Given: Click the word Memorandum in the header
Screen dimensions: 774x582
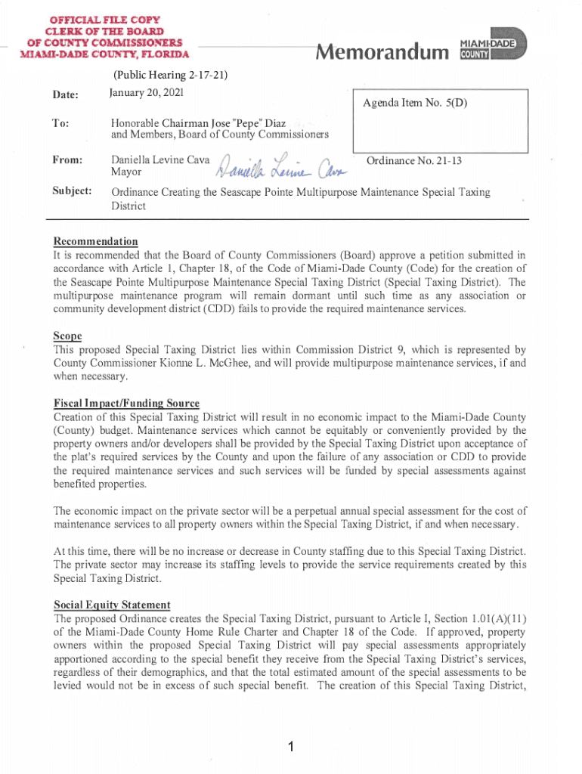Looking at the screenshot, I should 382,52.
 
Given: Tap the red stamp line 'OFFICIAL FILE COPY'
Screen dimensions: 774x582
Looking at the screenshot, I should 106,19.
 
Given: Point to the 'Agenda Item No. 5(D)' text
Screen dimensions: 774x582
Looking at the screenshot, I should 413,103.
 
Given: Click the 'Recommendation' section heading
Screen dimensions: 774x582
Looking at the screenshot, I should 95,242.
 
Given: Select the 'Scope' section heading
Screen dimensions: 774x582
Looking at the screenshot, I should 67,336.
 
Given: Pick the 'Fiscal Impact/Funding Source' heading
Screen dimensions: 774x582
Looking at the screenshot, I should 126,404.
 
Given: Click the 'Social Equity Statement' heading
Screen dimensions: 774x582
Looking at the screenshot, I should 112,605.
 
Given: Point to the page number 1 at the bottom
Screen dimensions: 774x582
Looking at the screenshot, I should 290,748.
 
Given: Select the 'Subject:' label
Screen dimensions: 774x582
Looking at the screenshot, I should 73,192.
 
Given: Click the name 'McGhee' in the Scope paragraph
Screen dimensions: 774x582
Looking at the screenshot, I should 235,363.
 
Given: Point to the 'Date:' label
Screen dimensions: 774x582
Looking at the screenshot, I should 66,94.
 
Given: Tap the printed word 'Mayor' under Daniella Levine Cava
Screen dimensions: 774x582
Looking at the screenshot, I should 125,173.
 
